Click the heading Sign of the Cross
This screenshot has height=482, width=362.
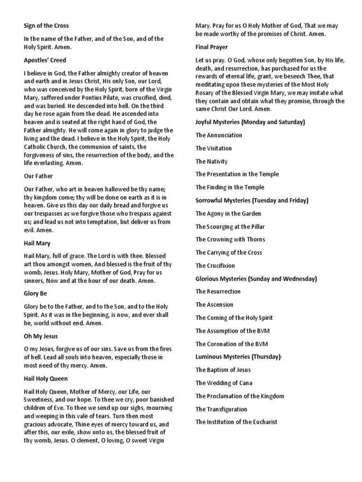[x=46, y=25]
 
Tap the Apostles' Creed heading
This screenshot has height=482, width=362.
[x=45, y=60]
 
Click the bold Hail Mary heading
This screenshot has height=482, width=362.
[x=37, y=243]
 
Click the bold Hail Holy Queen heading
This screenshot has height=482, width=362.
[x=46, y=378]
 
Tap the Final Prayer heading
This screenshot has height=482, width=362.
[x=212, y=47]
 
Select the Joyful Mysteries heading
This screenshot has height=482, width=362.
[x=250, y=122]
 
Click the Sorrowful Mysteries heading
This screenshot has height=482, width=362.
[x=252, y=201]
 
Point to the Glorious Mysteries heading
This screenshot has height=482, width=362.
[x=256, y=279]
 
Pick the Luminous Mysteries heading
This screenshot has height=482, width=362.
[x=239, y=357]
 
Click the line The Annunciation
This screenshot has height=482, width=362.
[x=219, y=135]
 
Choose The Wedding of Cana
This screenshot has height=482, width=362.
[x=223, y=383]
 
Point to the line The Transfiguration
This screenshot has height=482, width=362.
[x=221, y=409]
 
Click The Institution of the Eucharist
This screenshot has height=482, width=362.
[x=237, y=422]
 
